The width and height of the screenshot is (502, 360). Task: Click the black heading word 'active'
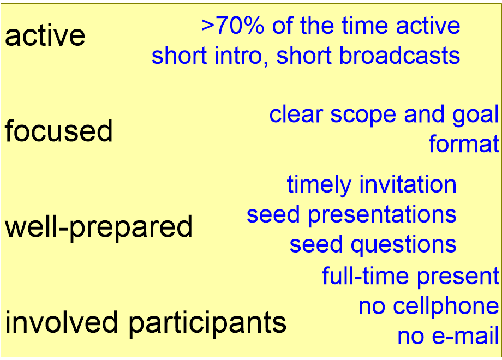[x=45, y=36]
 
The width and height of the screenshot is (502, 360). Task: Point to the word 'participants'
[x=207, y=324]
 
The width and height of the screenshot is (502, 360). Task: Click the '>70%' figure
[x=233, y=26]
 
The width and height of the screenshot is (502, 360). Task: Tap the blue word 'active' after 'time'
[x=428, y=26]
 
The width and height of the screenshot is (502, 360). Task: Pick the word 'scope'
[x=363, y=115]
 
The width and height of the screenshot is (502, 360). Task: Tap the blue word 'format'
[x=464, y=144]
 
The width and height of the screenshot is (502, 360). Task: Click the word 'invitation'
[x=408, y=184]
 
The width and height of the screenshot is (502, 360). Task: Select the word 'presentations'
[x=382, y=215]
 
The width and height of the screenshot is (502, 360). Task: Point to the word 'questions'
[x=403, y=245]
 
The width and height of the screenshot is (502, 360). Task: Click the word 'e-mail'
[x=465, y=335]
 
